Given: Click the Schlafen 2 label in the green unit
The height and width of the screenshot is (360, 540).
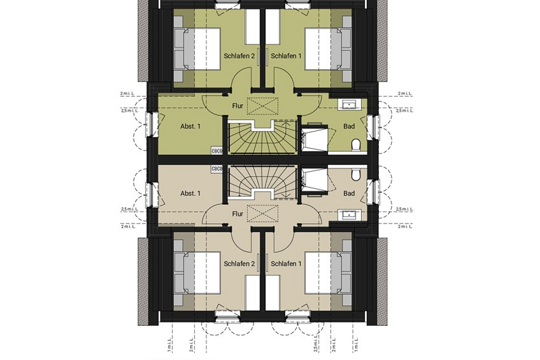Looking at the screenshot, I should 239,56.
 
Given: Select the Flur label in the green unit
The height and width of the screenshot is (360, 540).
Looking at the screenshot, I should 238,106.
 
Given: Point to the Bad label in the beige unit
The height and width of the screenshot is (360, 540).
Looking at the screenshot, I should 349,193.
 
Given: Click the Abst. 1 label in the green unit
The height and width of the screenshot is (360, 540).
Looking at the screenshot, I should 190,126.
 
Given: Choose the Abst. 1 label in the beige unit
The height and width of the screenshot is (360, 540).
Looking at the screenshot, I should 190,193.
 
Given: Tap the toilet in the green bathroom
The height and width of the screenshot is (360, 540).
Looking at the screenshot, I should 356,145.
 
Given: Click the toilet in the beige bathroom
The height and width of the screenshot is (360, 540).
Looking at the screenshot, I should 356,174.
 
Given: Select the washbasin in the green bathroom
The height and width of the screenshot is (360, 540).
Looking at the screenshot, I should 349,105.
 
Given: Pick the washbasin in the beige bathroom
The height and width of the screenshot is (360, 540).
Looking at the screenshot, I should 349,215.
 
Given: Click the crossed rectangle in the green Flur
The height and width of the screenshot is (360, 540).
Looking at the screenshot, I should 263,107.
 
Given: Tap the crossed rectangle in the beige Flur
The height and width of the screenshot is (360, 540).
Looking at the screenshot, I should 263,213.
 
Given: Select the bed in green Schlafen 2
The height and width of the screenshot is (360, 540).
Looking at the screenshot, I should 198,49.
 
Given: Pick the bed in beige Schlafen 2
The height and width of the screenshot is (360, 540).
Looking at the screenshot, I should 198,272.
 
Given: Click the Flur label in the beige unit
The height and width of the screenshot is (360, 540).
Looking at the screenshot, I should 238,214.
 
